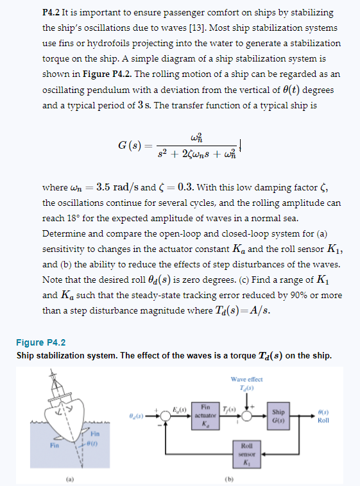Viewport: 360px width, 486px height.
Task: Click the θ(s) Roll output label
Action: click(323, 416)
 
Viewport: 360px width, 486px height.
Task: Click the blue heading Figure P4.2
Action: click(41, 342)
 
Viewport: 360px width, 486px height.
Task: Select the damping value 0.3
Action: click(185, 187)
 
